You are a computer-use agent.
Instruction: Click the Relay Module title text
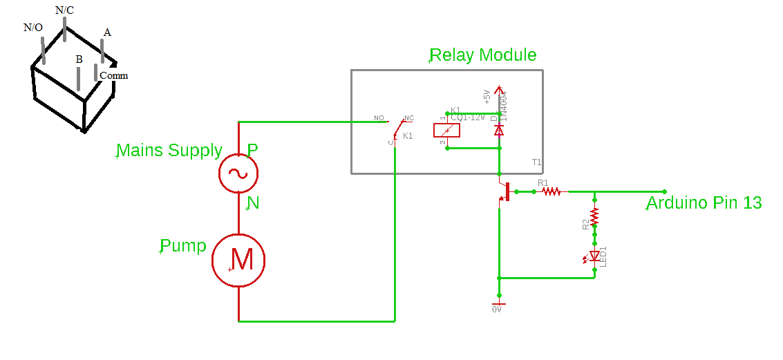click(x=483, y=55)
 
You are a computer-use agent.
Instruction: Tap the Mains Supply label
click(x=170, y=151)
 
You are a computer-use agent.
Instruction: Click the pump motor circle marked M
click(x=238, y=260)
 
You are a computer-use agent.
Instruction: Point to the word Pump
click(x=183, y=246)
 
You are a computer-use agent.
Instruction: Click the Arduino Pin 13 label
click(x=704, y=203)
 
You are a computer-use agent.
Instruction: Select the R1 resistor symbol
click(x=551, y=191)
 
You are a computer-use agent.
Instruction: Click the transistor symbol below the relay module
click(x=504, y=191)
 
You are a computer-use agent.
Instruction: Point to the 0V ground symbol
click(x=498, y=305)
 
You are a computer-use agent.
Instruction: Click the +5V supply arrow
click(x=498, y=92)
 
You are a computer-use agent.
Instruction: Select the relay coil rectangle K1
click(x=446, y=130)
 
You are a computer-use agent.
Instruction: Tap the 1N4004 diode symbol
click(x=498, y=129)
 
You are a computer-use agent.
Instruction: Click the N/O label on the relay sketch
click(x=33, y=28)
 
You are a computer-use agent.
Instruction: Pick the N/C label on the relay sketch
click(x=64, y=10)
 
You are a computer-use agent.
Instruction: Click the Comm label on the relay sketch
click(x=114, y=75)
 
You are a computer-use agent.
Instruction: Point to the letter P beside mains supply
click(x=253, y=150)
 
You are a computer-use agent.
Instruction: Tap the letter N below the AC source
click(x=254, y=203)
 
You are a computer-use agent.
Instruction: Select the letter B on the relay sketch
click(x=79, y=60)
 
